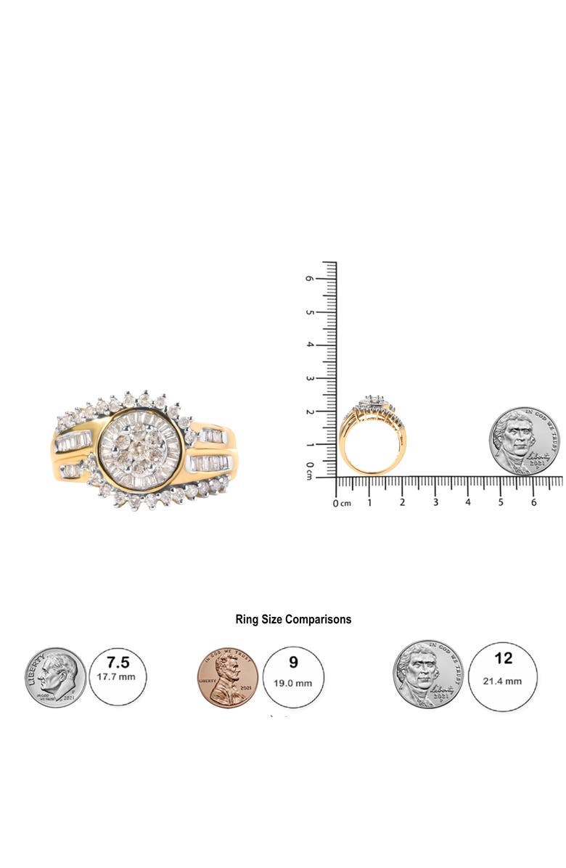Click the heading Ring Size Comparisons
(293, 619)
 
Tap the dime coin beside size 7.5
(56, 678)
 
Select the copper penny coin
(228, 678)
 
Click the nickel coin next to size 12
(428, 675)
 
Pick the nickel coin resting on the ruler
(524, 441)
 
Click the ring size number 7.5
(118, 663)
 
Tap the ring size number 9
(293, 662)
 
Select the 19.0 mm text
(293, 683)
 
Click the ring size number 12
(502, 658)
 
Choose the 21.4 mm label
(502, 681)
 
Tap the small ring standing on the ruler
(372, 435)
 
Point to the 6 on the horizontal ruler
(533, 502)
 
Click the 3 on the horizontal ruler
(435, 502)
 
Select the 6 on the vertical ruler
(310, 278)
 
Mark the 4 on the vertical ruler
(310, 345)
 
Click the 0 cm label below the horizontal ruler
(342, 503)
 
